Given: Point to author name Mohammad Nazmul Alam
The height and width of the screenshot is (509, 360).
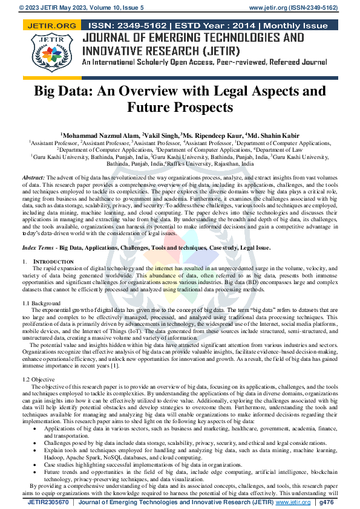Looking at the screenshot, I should coord(99,134).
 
